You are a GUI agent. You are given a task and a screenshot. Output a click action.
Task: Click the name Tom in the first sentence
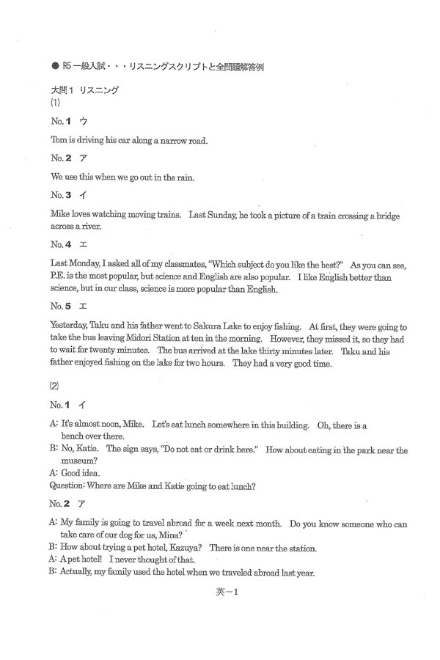pyautogui.click(x=58, y=139)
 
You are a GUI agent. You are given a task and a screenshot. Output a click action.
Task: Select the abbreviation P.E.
pyautogui.click(x=59, y=277)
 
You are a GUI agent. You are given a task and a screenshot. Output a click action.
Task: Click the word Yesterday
pyautogui.click(x=72, y=326)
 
